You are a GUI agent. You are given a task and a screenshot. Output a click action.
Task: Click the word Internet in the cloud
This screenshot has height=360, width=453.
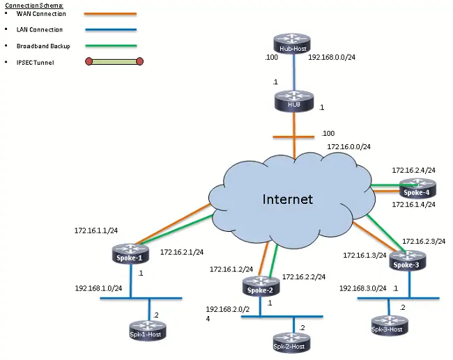click(287, 199)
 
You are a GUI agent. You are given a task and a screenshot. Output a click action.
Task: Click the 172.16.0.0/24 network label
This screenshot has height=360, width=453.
click(348, 146)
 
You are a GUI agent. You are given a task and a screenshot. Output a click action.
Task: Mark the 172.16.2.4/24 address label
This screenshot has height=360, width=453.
click(413, 170)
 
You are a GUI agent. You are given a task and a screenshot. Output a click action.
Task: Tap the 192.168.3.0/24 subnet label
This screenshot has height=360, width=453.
click(362, 288)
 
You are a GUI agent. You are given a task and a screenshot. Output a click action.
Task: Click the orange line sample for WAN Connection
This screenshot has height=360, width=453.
click(111, 13)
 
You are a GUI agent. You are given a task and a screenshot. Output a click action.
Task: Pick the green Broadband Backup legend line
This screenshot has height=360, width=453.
click(111, 46)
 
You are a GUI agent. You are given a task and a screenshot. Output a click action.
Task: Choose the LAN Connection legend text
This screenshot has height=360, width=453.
click(40, 29)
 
